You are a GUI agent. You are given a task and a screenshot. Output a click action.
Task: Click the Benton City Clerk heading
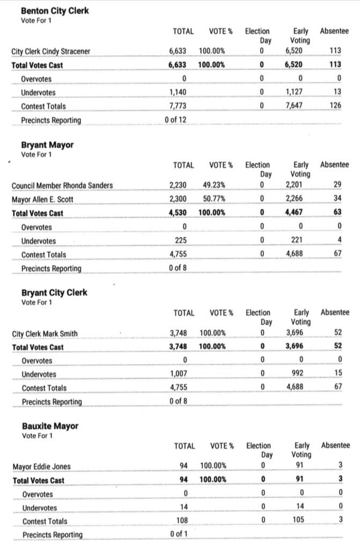coord(55,11)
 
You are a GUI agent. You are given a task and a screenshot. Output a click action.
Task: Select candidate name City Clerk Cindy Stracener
coord(51,52)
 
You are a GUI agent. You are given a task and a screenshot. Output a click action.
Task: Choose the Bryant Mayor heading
coord(47,145)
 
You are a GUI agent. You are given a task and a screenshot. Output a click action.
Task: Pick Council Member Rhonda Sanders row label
coord(62,186)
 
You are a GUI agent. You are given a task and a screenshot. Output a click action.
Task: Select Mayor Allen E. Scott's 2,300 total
coord(177,199)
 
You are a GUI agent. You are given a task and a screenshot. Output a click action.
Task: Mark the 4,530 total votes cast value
coord(177,213)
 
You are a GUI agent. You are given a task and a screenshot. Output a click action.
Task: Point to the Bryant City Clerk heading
coord(54,293)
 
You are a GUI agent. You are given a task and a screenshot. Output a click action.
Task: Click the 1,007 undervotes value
coord(177,374)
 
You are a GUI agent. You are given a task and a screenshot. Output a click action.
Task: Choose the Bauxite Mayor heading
coord(50,426)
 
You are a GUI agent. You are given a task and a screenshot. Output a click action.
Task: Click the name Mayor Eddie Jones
coord(41,466)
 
